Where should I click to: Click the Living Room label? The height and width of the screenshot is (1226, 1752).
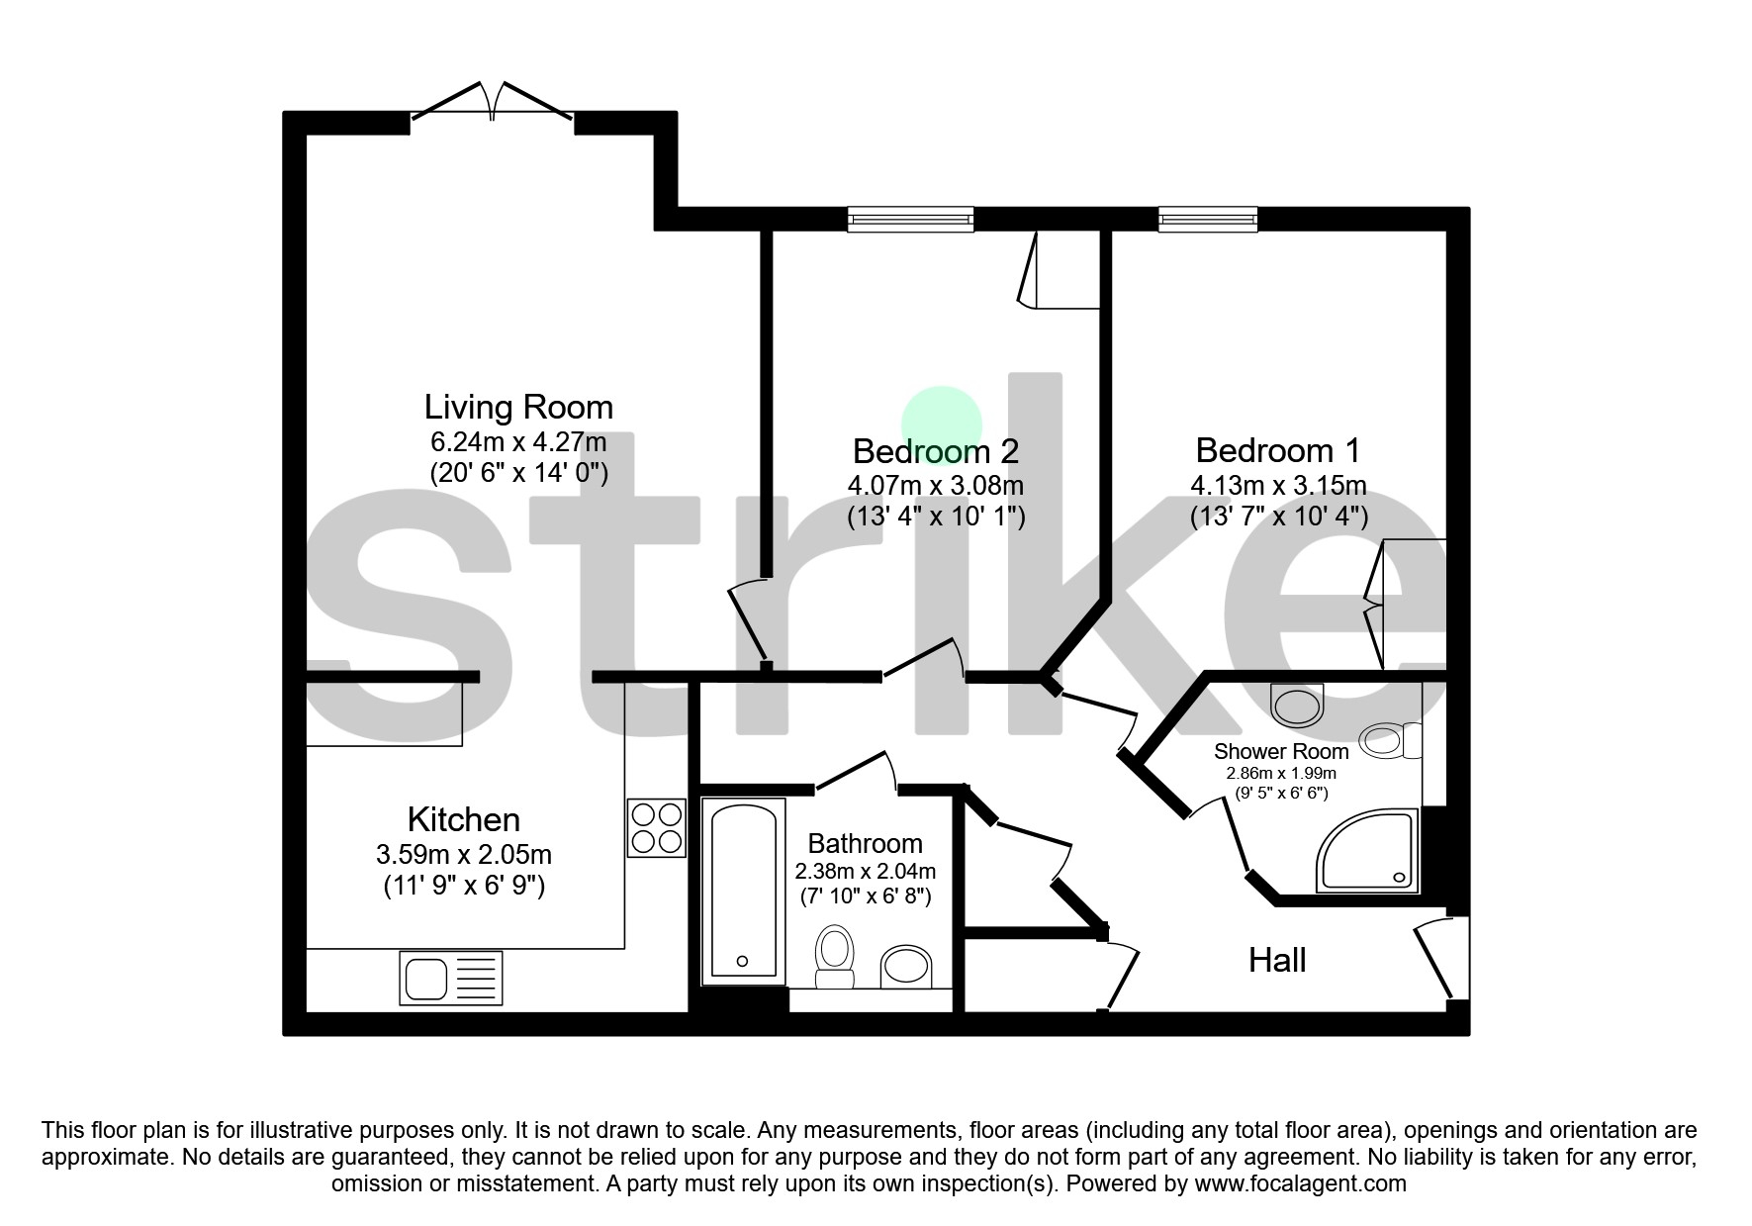518,408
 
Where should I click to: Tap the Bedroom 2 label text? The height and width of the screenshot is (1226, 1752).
935,452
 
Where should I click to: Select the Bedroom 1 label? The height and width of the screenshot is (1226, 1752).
1277,451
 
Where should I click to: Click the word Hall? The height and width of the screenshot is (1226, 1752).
1276,960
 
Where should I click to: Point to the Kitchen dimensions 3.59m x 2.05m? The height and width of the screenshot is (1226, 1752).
463,854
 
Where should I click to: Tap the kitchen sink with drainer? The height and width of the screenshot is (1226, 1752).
450,978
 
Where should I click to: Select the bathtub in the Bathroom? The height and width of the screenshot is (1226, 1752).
743,892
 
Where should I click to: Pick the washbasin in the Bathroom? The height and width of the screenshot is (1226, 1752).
905,966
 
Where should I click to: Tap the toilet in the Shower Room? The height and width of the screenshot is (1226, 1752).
1389,740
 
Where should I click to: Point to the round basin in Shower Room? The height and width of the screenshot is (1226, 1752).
1297,706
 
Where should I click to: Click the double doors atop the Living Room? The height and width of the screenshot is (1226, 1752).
492,103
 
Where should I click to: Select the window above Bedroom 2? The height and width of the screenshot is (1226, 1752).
910,219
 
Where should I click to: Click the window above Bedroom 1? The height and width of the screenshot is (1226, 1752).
1208,219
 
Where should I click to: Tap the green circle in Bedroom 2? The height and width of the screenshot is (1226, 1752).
941,421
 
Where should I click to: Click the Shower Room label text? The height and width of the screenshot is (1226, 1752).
1280,752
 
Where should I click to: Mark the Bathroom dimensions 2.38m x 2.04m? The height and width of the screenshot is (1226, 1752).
865,872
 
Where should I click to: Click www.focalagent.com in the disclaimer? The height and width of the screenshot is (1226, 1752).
1300,1183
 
